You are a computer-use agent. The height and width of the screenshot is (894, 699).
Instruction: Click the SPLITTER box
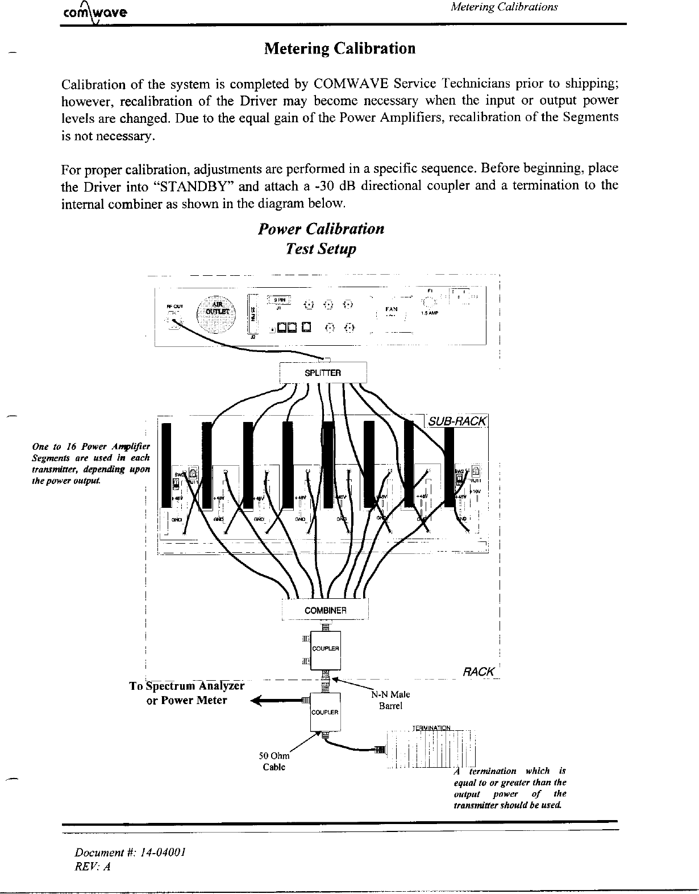pyautogui.click(x=323, y=373)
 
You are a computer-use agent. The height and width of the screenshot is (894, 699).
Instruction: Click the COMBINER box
pyautogui.click(x=325, y=610)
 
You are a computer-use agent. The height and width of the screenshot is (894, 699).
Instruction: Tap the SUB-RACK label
pyautogui.click(x=457, y=421)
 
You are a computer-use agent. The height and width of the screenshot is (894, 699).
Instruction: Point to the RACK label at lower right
pyautogui.click(x=479, y=672)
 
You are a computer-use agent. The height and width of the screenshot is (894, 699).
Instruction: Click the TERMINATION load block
pyautogui.click(x=430, y=750)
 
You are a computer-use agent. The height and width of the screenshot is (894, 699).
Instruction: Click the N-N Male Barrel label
pyautogui.click(x=390, y=700)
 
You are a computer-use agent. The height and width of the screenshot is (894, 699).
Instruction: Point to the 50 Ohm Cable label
pyautogui.click(x=274, y=761)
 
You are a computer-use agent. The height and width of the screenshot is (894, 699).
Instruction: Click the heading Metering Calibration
pyautogui.click(x=340, y=48)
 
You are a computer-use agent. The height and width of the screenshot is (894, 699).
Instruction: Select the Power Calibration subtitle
pyautogui.click(x=321, y=229)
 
